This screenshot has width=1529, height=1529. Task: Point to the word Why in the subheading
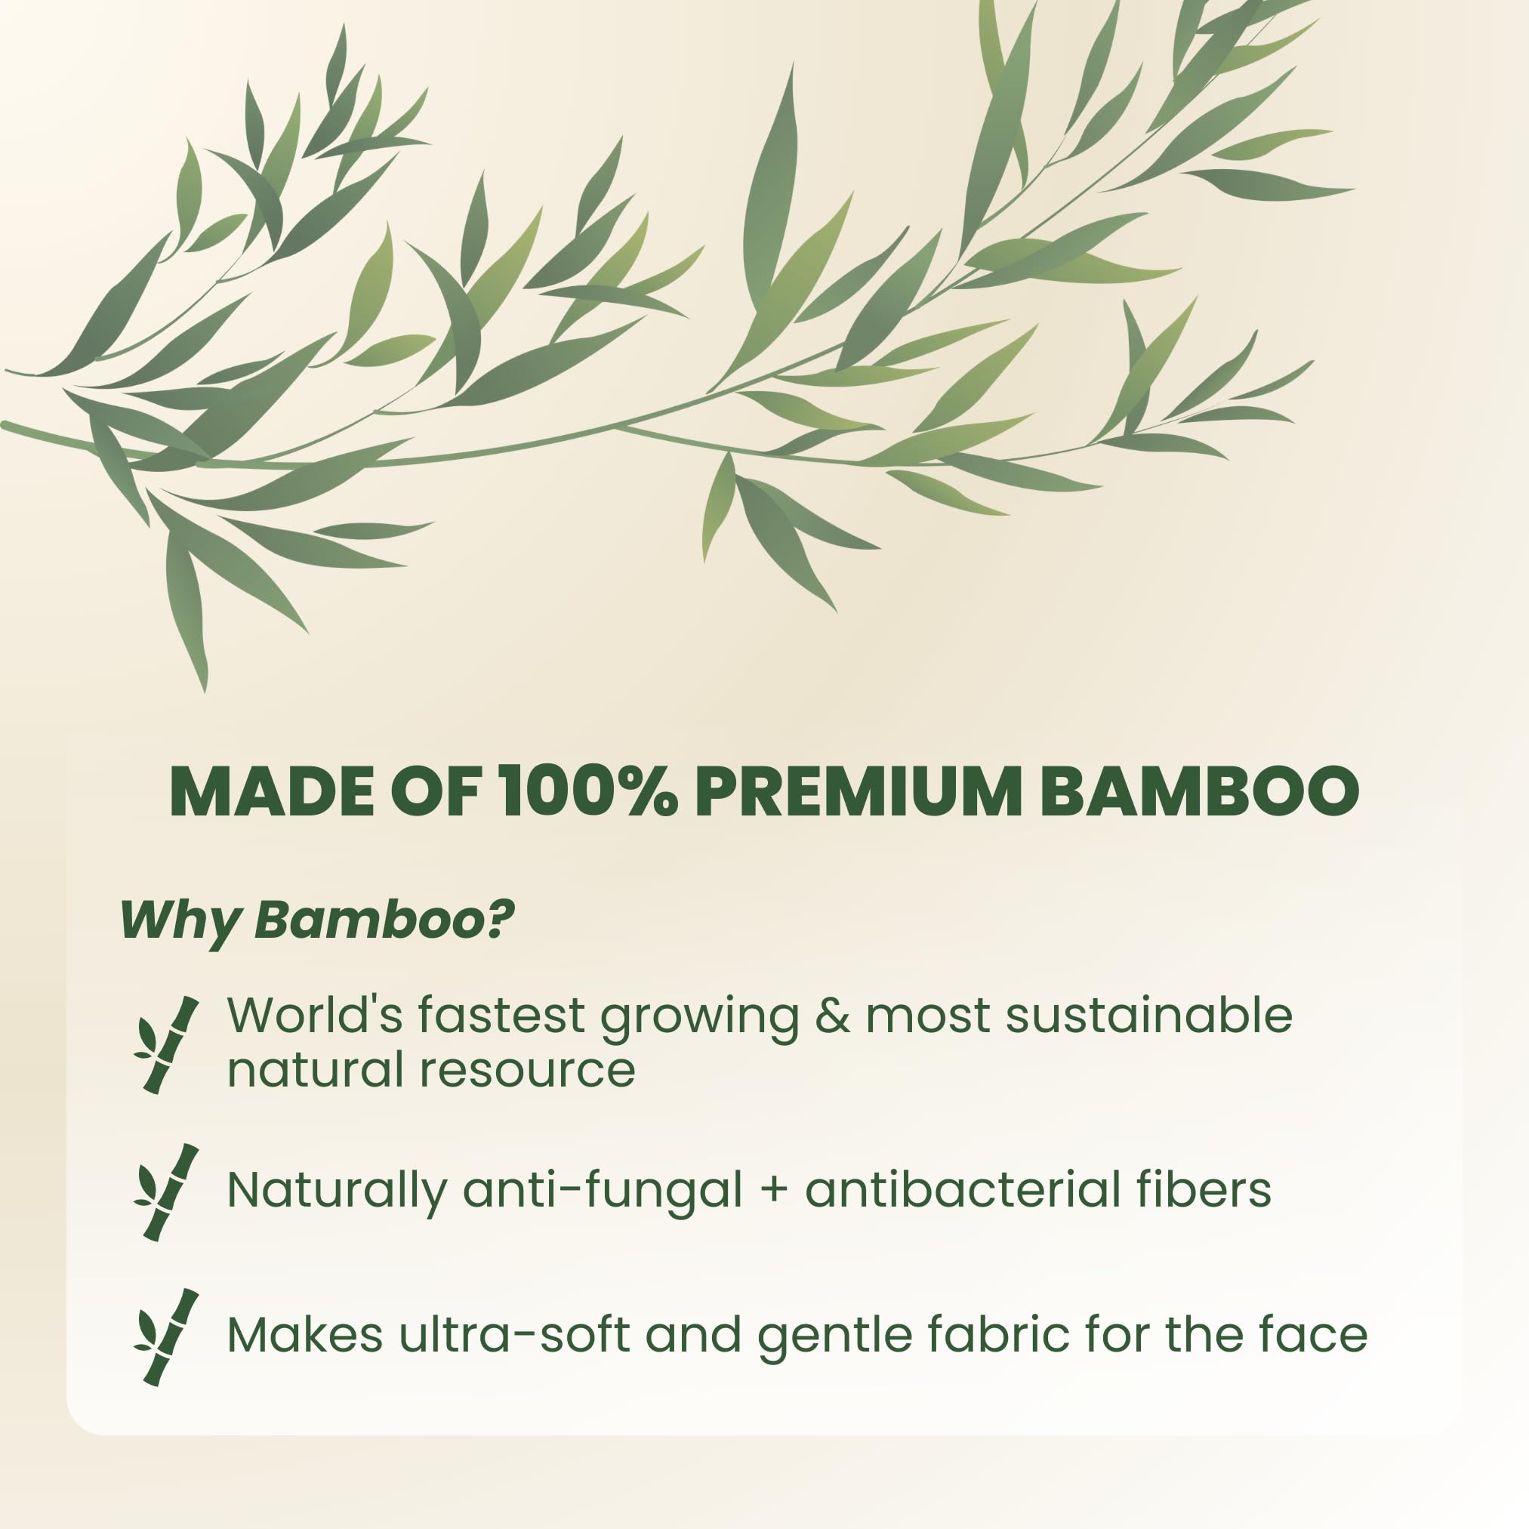click(180, 920)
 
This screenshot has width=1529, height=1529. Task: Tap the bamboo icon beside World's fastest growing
click(166, 1045)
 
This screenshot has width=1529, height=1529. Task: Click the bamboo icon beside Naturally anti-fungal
click(166, 1191)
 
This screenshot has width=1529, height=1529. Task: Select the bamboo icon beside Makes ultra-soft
click(166, 1337)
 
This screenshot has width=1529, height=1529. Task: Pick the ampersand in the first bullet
click(832, 1016)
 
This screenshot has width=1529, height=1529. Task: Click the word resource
click(527, 1070)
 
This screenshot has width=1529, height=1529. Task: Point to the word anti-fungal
click(603, 1191)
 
